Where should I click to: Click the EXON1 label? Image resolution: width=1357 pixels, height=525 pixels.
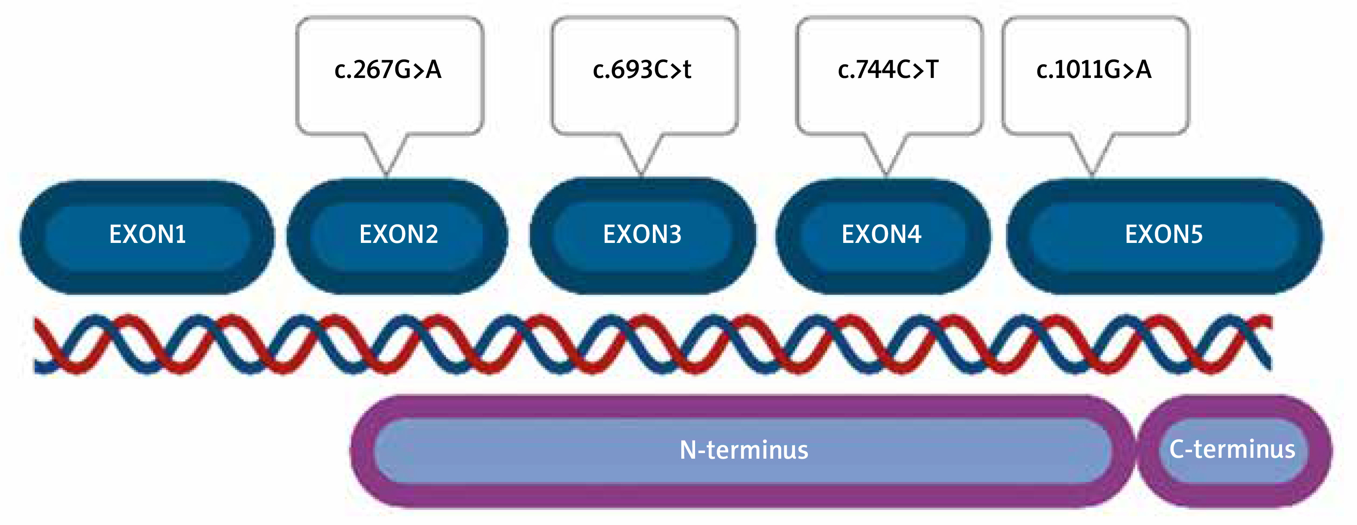(147, 234)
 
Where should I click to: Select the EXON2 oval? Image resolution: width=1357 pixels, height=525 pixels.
(398, 236)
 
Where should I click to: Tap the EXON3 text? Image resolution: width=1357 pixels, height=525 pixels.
(642, 234)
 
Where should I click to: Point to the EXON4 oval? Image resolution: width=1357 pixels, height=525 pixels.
(882, 236)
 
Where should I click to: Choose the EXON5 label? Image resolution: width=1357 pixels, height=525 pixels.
(1164, 234)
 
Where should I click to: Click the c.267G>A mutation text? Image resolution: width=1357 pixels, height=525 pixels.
(388, 69)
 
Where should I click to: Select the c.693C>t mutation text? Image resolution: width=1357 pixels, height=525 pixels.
(642, 69)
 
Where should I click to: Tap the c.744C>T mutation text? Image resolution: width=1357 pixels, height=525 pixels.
(888, 69)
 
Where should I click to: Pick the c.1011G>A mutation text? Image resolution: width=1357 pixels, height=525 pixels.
(1093, 69)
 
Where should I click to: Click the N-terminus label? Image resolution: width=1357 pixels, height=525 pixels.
(743, 450)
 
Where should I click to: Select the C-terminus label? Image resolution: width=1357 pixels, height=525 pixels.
(1232, 449)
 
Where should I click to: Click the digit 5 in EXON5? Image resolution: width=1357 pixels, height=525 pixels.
(1196, 234)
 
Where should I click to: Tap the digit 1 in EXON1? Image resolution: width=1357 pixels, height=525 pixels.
(181, 234)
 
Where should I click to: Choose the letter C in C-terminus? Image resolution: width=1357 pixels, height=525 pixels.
(1177, 449)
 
